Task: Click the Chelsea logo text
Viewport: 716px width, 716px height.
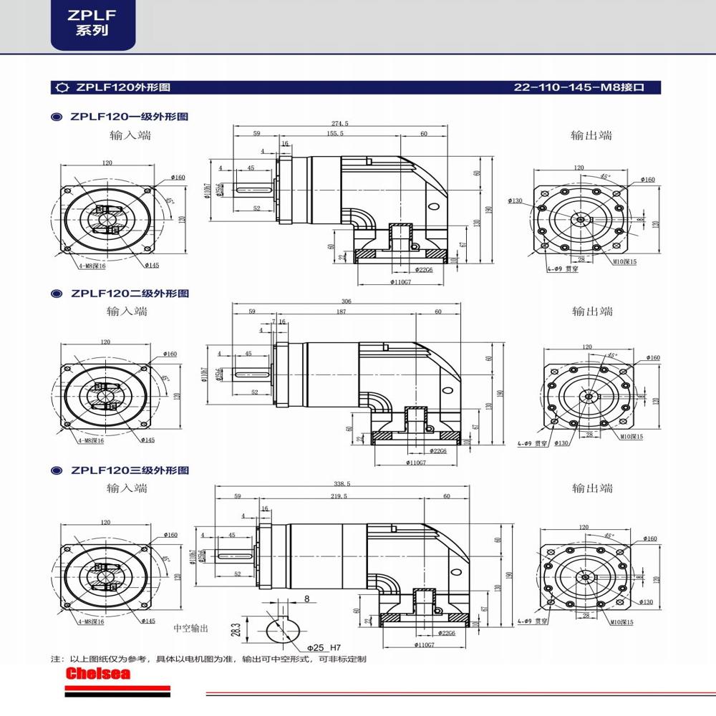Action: [x=97, y=674]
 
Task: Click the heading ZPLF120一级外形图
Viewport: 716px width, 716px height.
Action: [x=129, y=116]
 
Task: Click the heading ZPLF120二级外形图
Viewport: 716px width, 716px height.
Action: [x=129, y=294]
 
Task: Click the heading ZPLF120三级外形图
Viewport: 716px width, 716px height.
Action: [x=129, y=471]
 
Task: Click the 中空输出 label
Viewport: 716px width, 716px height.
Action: [x=190, y=628]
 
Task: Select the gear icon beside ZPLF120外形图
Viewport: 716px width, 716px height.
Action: [x=62, y=88]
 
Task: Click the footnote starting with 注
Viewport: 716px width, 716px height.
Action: [x=208, y=658]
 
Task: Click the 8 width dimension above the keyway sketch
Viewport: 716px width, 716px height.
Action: [x=306, y=599]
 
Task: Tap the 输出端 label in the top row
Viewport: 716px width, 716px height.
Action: [x=591, y=135]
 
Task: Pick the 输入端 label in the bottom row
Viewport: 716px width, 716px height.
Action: [x=127, y=488]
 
